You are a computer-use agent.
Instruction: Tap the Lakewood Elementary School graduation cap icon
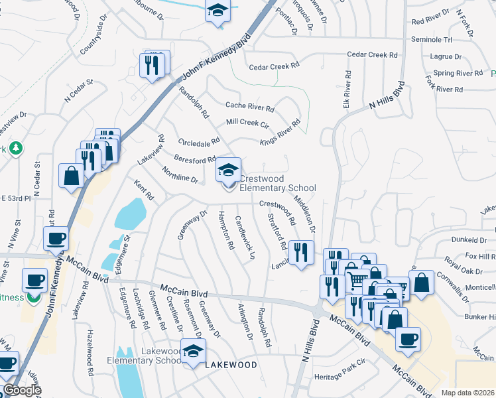click(193, 352)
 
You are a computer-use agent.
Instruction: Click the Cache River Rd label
click(250, 106)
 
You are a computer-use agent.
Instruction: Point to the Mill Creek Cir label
click(247, 123)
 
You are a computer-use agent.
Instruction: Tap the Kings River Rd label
click(280, 133)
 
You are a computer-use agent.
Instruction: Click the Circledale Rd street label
click(200, 142)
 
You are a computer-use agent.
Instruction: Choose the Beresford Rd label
click(196, 159)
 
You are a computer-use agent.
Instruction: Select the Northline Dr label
click(180, 175)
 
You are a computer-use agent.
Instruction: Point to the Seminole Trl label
click(432, 40)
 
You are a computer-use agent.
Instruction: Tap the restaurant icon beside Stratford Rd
click(302, 253)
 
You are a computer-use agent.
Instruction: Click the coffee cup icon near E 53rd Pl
click(56, 239)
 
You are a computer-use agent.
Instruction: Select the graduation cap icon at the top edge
click(217, 11)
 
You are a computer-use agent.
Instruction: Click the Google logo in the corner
click(21, 391)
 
